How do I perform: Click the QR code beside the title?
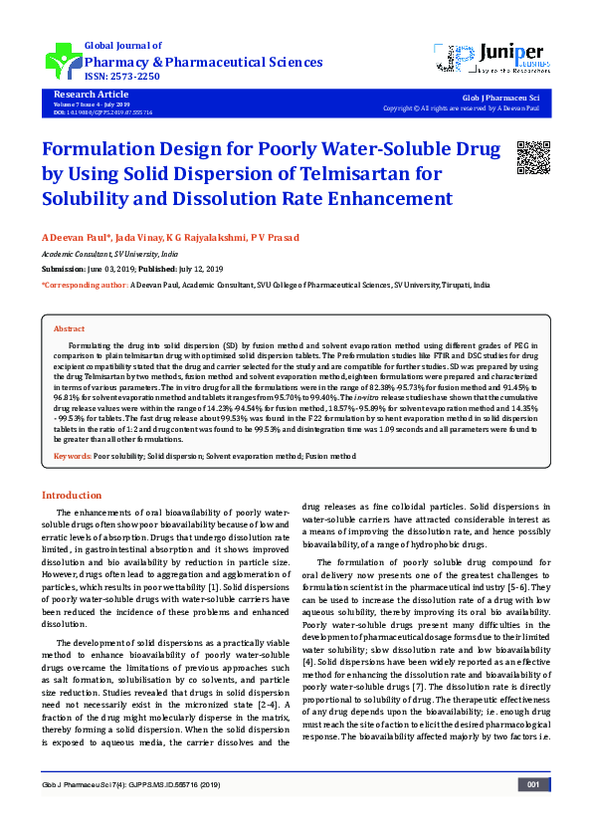pyautogui.click(x=533, y=157)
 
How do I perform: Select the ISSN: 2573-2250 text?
pyautogui.click(x=121, y=77)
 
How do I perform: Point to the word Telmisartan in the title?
pyautogui.click(x=343, y=174)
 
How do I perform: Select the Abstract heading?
pyautogui.click(x=69, y=328)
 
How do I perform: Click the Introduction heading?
pyautogui.click(x=72, y=495)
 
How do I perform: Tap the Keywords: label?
pyautogui.click(x=72, y=456)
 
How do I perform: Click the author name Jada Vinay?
pyautogui.click(x=139, y=239)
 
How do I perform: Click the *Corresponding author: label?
pyautogui.click(x=85, y=285)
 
